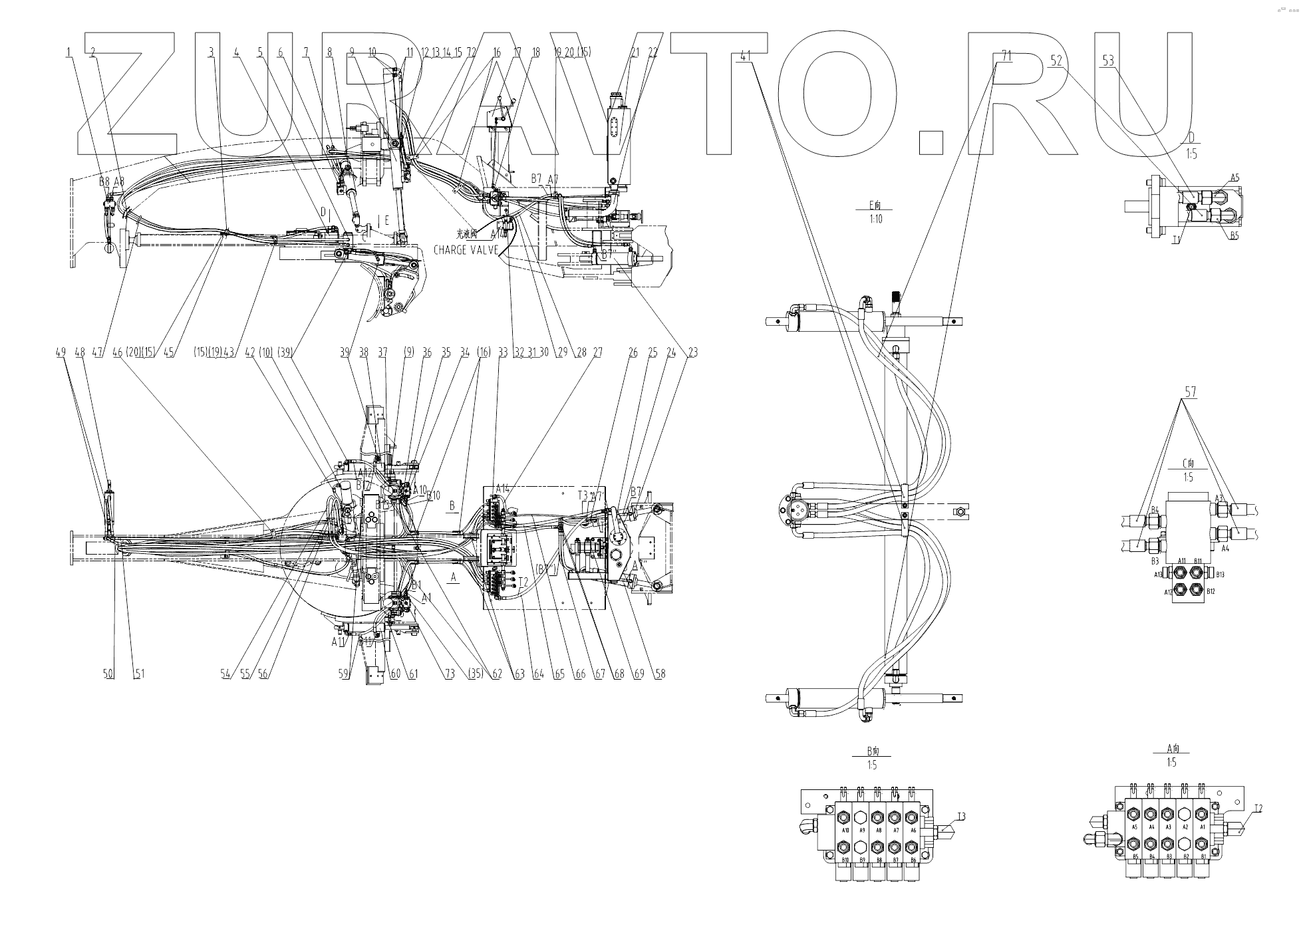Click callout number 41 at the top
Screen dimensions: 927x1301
coord(745,57)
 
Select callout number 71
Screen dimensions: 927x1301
coord(1006,57)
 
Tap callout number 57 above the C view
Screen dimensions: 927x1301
coord(1190,392)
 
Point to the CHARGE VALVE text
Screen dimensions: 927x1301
coord(466,250)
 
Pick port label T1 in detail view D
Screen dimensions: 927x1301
coord(1177,239)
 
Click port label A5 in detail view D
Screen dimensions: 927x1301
coord(1234,178)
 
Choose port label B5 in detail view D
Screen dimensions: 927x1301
coord(1234,235)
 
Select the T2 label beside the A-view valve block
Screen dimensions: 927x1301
coord(1258,809)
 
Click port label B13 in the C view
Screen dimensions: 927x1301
coord(1221,574)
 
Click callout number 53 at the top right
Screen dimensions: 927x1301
coord(1107,61)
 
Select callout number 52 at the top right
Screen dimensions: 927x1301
coord(1056,60)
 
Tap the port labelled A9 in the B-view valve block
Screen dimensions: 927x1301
coord(862,830)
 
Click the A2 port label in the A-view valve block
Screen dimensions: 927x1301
coord(1183,827)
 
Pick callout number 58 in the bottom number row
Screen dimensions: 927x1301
coord(660,674)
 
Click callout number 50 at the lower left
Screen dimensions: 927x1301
coord(108,674)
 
